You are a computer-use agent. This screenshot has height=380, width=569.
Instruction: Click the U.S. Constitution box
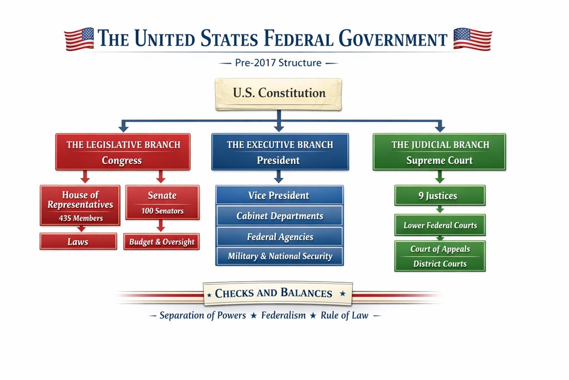[278, 93]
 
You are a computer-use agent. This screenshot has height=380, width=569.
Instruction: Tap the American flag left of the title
[79, 39]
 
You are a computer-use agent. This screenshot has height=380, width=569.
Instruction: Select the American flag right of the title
[472, 39]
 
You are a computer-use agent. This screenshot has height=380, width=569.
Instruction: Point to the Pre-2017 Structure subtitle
[278, 63]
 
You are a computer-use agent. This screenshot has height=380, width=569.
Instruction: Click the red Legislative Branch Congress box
[123, 152]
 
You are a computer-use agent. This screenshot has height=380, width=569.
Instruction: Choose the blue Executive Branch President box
[280, 152]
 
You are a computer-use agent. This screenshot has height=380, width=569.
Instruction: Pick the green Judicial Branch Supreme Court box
[440, 152]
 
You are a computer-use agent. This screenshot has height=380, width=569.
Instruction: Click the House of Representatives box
[80, 205]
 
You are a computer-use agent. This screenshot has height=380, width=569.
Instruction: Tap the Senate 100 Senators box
[162, 202]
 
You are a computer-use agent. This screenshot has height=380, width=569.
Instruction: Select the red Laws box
[78, 242]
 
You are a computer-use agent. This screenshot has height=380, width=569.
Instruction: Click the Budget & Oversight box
[162, 242]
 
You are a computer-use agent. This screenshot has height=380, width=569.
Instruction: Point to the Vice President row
[279, 196]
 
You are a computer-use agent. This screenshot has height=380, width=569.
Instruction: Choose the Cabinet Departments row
[279, 216]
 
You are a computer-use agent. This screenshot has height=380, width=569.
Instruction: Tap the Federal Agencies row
[279, 237]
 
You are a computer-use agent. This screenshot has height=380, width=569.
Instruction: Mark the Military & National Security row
[279, 256]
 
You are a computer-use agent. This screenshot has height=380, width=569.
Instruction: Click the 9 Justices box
[440, 196]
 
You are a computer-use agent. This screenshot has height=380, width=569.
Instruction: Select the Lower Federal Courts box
[440, 225]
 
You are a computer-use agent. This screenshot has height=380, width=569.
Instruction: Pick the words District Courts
[440, 264]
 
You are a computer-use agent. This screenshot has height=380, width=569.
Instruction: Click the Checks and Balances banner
[277, 293]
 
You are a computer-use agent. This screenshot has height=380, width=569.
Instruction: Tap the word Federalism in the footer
[283, 316]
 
